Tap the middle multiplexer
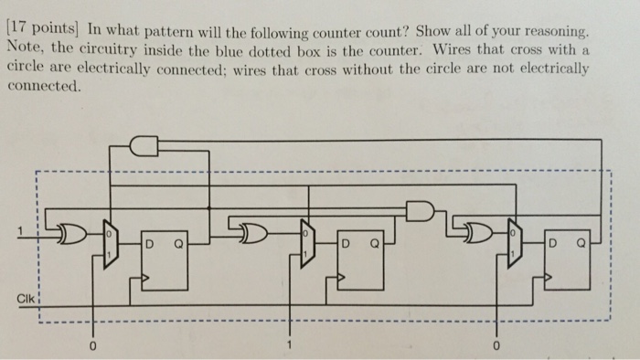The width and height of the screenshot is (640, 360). pyautogui.click(x=307, y=243)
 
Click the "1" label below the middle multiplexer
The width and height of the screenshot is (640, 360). pyautogui.click(x=291, y=346)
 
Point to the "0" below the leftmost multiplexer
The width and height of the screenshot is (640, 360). pyautogui.click(x=92, y=347)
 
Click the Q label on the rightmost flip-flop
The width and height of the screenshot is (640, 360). pyautogui.click(x=581, y=245)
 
